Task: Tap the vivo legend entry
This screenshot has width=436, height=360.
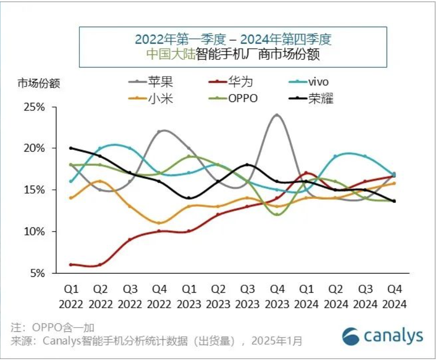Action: pos(318,82)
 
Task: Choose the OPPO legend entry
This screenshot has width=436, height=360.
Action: pos(242,99)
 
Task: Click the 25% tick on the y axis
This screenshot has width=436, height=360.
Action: pos(35,107)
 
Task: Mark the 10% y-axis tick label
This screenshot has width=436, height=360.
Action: pos(35,232)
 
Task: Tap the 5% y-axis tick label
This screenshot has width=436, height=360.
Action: pos(38,273)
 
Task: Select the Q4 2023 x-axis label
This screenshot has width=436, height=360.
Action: pos(277,296)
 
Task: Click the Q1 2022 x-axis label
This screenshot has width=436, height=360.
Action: pos(71,296)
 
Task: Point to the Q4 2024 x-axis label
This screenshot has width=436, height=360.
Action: pos(394,296)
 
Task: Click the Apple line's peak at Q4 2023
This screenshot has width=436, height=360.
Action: pos(277,115)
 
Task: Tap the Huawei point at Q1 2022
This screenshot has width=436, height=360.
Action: pos(71,265)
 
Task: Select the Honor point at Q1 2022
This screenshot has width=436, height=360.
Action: pos(71,148)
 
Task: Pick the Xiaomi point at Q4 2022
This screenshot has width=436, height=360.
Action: pos(159,223)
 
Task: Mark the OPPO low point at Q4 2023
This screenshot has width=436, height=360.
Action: pos(277,214)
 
